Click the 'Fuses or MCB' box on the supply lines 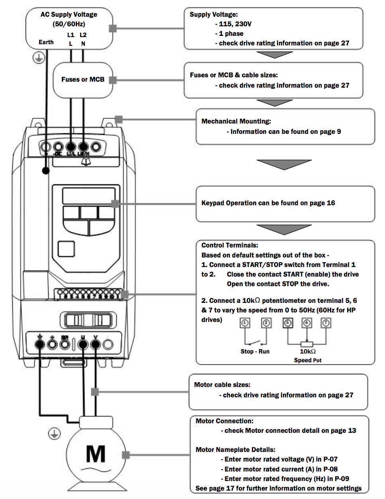tap(83, 80)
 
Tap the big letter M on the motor tap(96, 454)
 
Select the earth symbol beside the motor tap(54, 434)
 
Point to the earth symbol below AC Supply tap(38, 58)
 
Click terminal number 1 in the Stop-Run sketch tap(245, 323)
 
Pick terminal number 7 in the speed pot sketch tap(326, 323)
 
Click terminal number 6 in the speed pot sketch tap(306, 323)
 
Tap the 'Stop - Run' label tap(255, 352)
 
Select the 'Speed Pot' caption tap(308, 360)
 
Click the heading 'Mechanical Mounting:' tap(236, 121)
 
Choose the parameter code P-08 tap(330, 469)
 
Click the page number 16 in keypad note tap(331, 203)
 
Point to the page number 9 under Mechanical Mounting tap(339, 132)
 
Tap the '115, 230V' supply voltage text tap(235, 24)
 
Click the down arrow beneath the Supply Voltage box tap(274, 55)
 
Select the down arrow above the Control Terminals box tap(284, 229)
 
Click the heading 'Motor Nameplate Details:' tap(235, 450)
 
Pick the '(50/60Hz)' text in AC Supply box tap(69, 24)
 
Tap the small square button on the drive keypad tap(66, 249)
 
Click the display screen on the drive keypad tap(86, 196)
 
